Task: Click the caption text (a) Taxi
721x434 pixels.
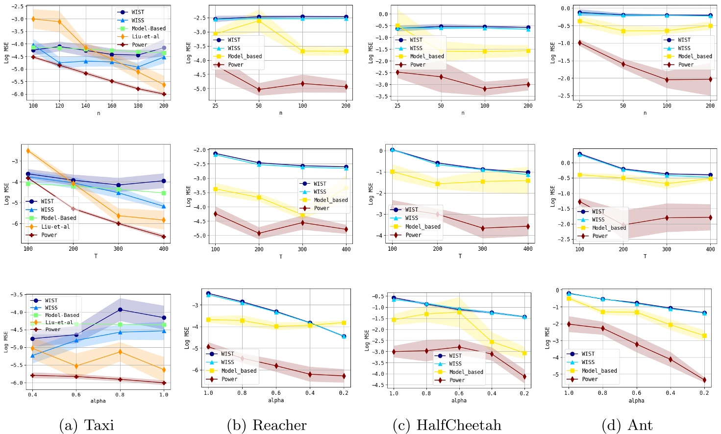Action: [x=87, y=425]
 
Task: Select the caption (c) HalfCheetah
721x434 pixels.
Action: [x=447, y=425]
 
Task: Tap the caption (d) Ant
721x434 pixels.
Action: [x=627, y=425]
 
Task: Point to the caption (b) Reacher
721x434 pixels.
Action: [x=267, y=425]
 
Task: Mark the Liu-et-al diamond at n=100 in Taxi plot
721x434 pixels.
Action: [x=33, y=19]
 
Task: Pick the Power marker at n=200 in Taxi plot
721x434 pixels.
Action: [x=164, y=94]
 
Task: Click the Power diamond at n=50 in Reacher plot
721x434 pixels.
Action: [x=259, y=90]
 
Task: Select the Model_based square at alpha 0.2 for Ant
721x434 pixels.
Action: [x=704, y=336]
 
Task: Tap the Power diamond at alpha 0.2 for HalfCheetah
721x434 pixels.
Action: [x=524, y=377]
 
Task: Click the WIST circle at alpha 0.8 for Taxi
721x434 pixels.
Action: [x=120, y=310]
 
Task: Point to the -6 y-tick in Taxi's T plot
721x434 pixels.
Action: [x=15, y=224]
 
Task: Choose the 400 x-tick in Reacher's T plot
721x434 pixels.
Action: [x=346, y=249]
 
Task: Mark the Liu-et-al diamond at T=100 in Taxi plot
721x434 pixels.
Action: [x=28, y=151]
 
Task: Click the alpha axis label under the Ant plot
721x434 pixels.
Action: [x=636, y=401]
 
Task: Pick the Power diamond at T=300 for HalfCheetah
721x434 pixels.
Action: [x=483, y=228]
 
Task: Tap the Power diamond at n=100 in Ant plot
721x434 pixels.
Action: [x=667, y=80]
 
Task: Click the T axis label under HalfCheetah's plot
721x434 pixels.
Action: [x=460, y=256]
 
